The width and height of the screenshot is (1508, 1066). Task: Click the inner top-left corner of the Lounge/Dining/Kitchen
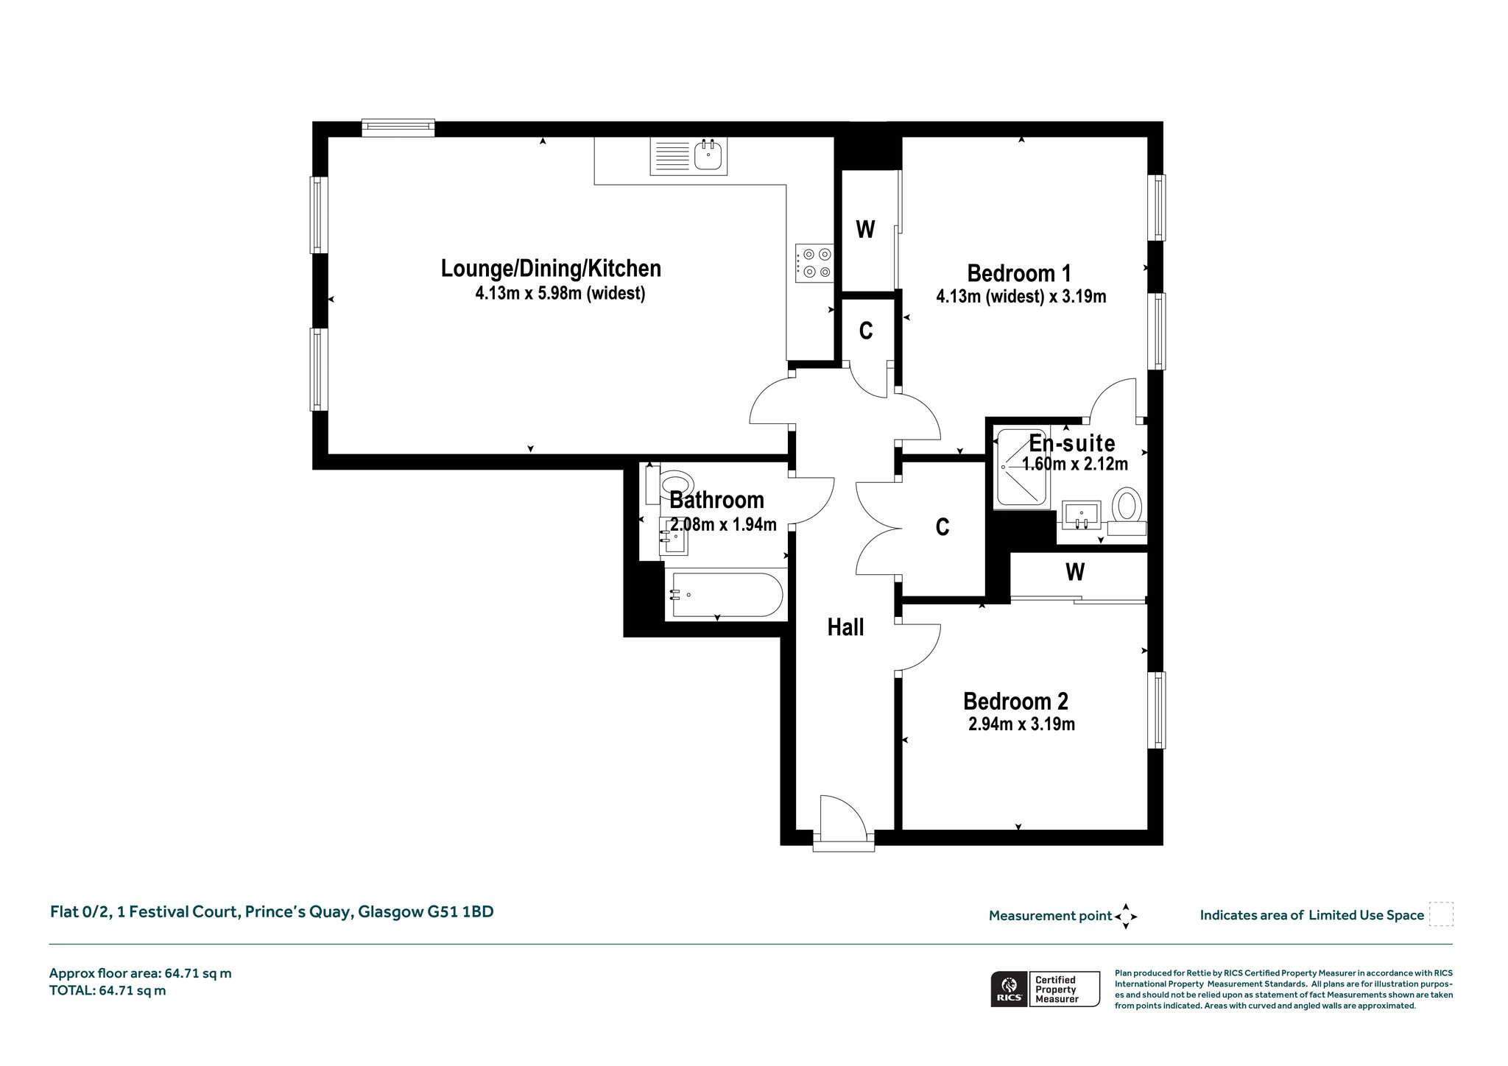[x=328, y=137]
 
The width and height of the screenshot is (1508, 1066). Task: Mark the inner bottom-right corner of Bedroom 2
[x=1147, y=830]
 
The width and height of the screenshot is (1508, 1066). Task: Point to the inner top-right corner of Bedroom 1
[x=1147, y=137]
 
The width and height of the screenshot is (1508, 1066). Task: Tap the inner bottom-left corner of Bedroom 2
[x=903, y=830]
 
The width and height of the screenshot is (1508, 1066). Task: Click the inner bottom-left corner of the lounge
[x=328, y=453]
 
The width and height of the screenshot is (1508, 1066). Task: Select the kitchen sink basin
[x=710, y=156]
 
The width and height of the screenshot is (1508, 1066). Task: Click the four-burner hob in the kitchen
[x=814, y=263]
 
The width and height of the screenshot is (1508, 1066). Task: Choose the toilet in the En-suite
[x=1126, y=511]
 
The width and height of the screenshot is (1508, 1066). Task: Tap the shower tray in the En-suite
[x=1022, y=467]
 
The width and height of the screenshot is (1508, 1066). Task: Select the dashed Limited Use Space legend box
[x=1441, y=914]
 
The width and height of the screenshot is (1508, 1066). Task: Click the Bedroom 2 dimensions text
[x=1021, y=724]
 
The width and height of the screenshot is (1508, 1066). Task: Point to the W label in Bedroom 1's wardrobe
[x=865, y=230]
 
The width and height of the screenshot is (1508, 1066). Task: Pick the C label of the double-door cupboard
[x=942, y=527]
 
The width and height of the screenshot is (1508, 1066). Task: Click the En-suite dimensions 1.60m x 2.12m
[x=1075, y=464]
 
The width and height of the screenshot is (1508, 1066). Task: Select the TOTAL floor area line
[x=108, y=990]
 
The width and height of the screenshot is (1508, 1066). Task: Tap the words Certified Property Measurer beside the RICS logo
[x=1057, y=989]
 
